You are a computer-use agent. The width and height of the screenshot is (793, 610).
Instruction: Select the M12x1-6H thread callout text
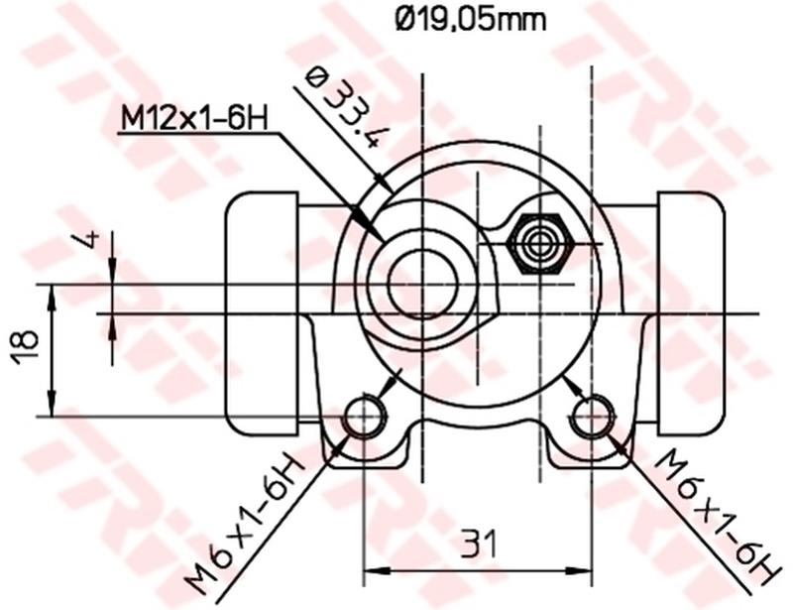tap(194, 118)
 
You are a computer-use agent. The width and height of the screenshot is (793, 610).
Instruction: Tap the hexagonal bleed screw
tap(537, 242)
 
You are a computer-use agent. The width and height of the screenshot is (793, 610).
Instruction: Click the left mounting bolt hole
tap(364, 417)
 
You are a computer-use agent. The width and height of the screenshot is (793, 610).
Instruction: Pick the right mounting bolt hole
tap(592, 417)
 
